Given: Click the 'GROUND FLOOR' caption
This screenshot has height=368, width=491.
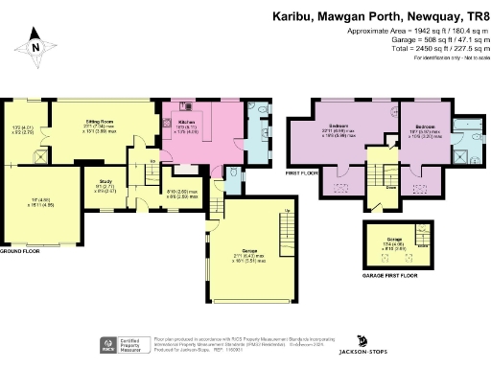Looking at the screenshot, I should pyautogui.click(x=19, y=249).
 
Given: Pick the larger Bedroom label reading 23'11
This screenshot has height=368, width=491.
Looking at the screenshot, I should pyautogui.click(x=339, y=126).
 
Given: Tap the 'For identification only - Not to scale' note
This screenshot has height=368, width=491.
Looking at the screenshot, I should pyautogui.click(x=448, y=59).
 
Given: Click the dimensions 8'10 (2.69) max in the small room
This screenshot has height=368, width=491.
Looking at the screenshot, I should pyautogui.click(x=182, y=192).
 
